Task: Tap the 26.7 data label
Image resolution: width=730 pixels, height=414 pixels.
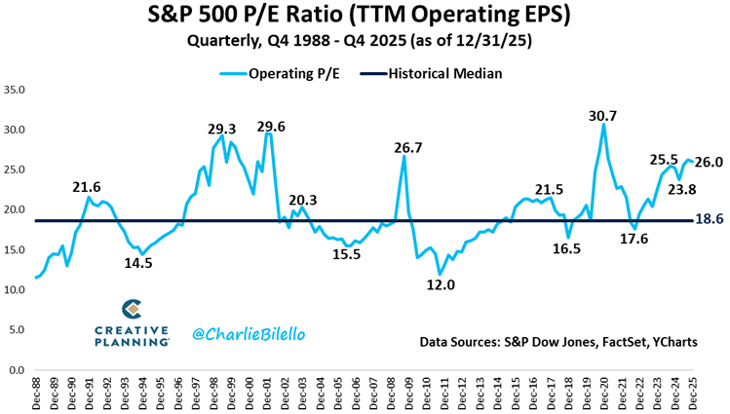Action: (x=407, y=148)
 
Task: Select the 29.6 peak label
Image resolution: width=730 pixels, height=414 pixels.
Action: (x=271, y=127)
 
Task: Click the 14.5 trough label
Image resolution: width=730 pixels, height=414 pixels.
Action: (x=136, y=262)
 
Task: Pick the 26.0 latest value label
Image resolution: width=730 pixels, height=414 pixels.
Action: (x=709, y=163)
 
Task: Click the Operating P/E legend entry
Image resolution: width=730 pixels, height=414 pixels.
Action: (x=289, y=73)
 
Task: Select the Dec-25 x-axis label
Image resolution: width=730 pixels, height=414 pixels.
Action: (x=693, y=393)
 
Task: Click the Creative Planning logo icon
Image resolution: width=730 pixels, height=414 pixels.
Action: (x=133, y=309)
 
